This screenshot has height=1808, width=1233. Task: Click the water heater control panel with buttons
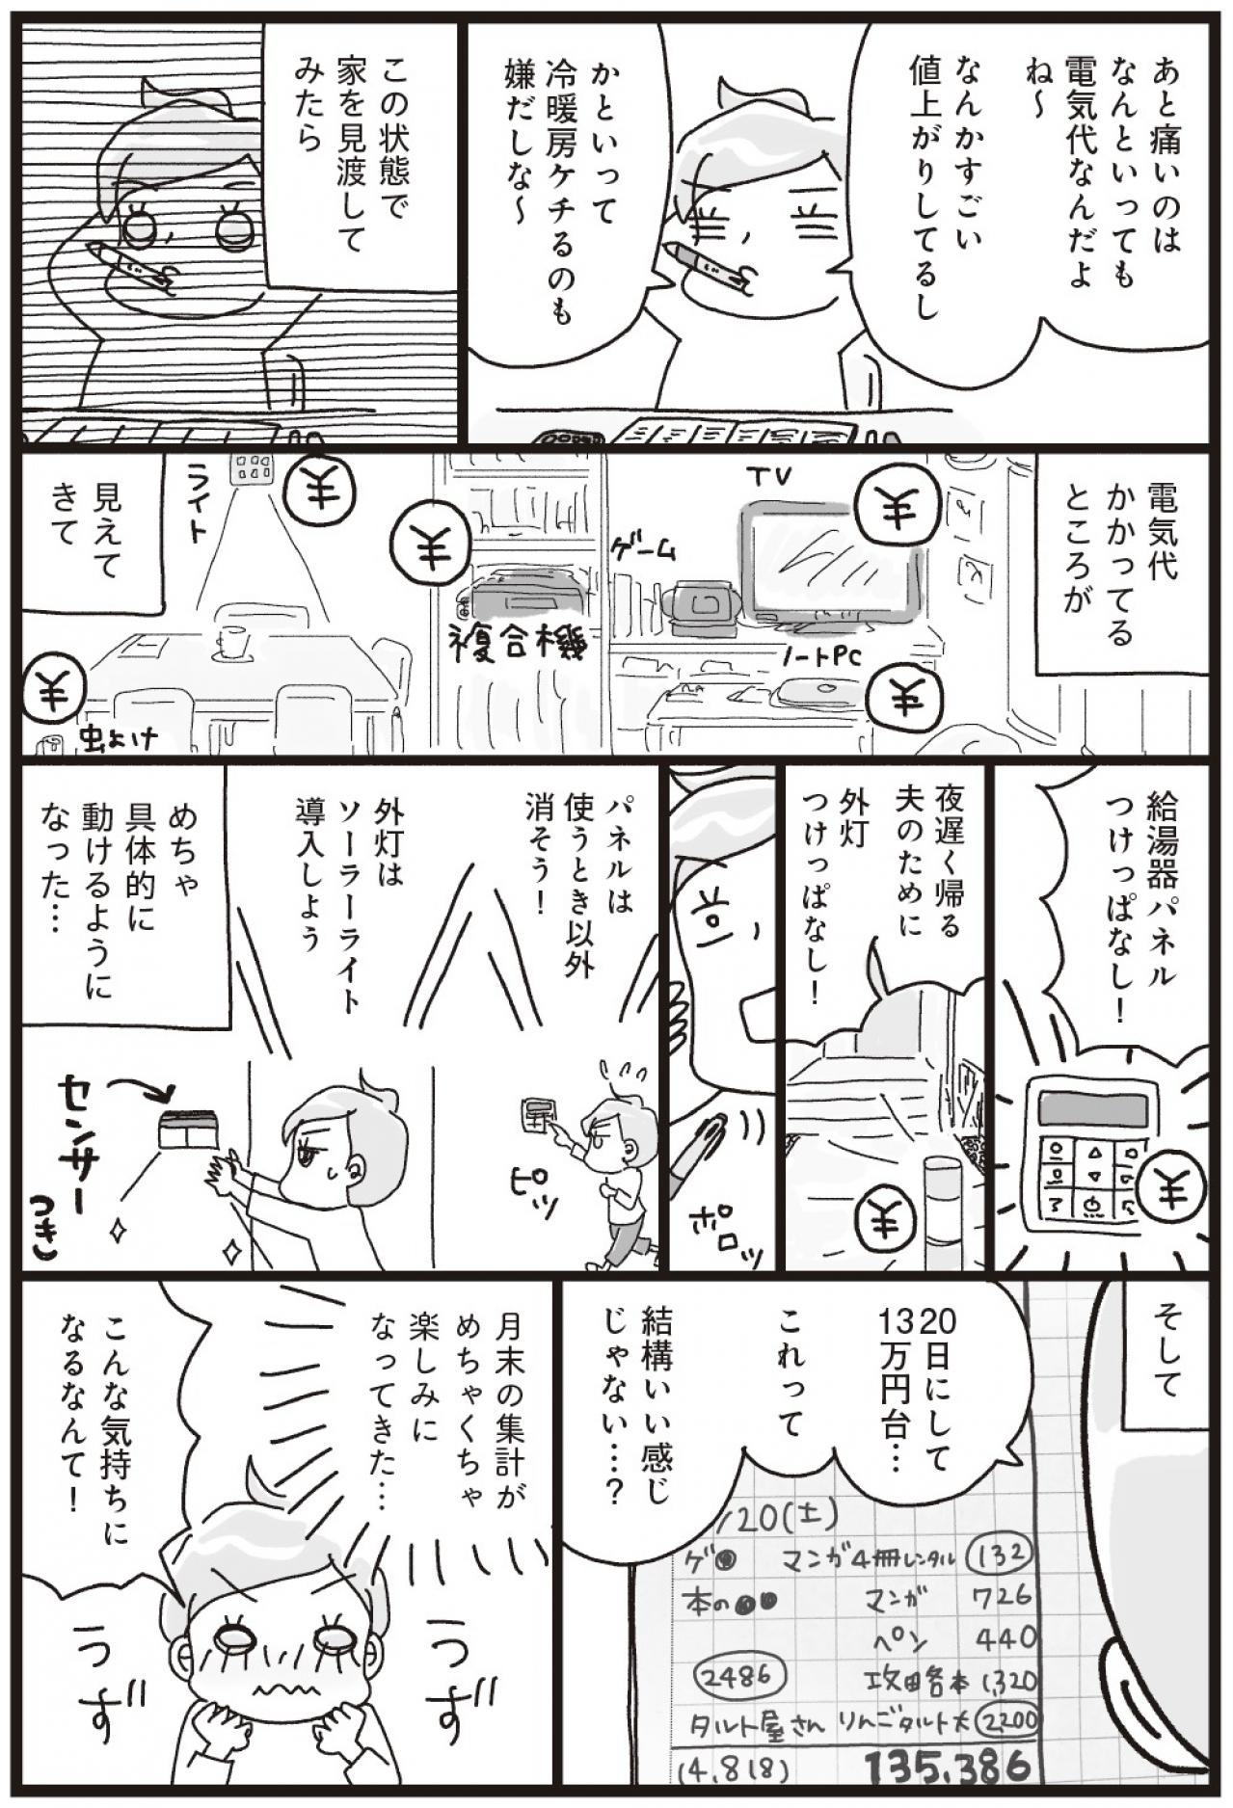[1086, 1162]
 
